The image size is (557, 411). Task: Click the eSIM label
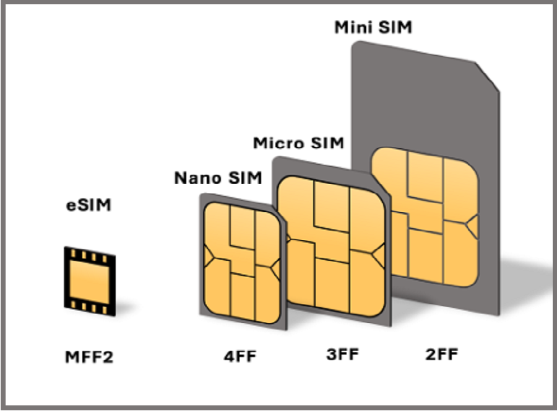coord(89,205)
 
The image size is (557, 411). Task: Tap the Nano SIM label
coord(218,177)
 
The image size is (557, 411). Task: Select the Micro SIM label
coord(298,143)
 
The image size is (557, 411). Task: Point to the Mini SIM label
coord(373,27)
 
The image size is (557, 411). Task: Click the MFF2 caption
coord(89,357)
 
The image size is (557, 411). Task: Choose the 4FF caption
coord(240,356)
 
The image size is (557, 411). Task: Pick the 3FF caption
coord(343,354)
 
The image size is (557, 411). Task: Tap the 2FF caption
coord(442,354)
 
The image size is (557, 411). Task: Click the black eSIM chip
coord(90,281)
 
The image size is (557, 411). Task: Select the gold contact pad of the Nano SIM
coord(242,263)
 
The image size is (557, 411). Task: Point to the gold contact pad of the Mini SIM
coord(425,217)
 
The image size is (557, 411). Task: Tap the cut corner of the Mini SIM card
coord(488,77)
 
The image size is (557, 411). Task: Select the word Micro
coord(279,143)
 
